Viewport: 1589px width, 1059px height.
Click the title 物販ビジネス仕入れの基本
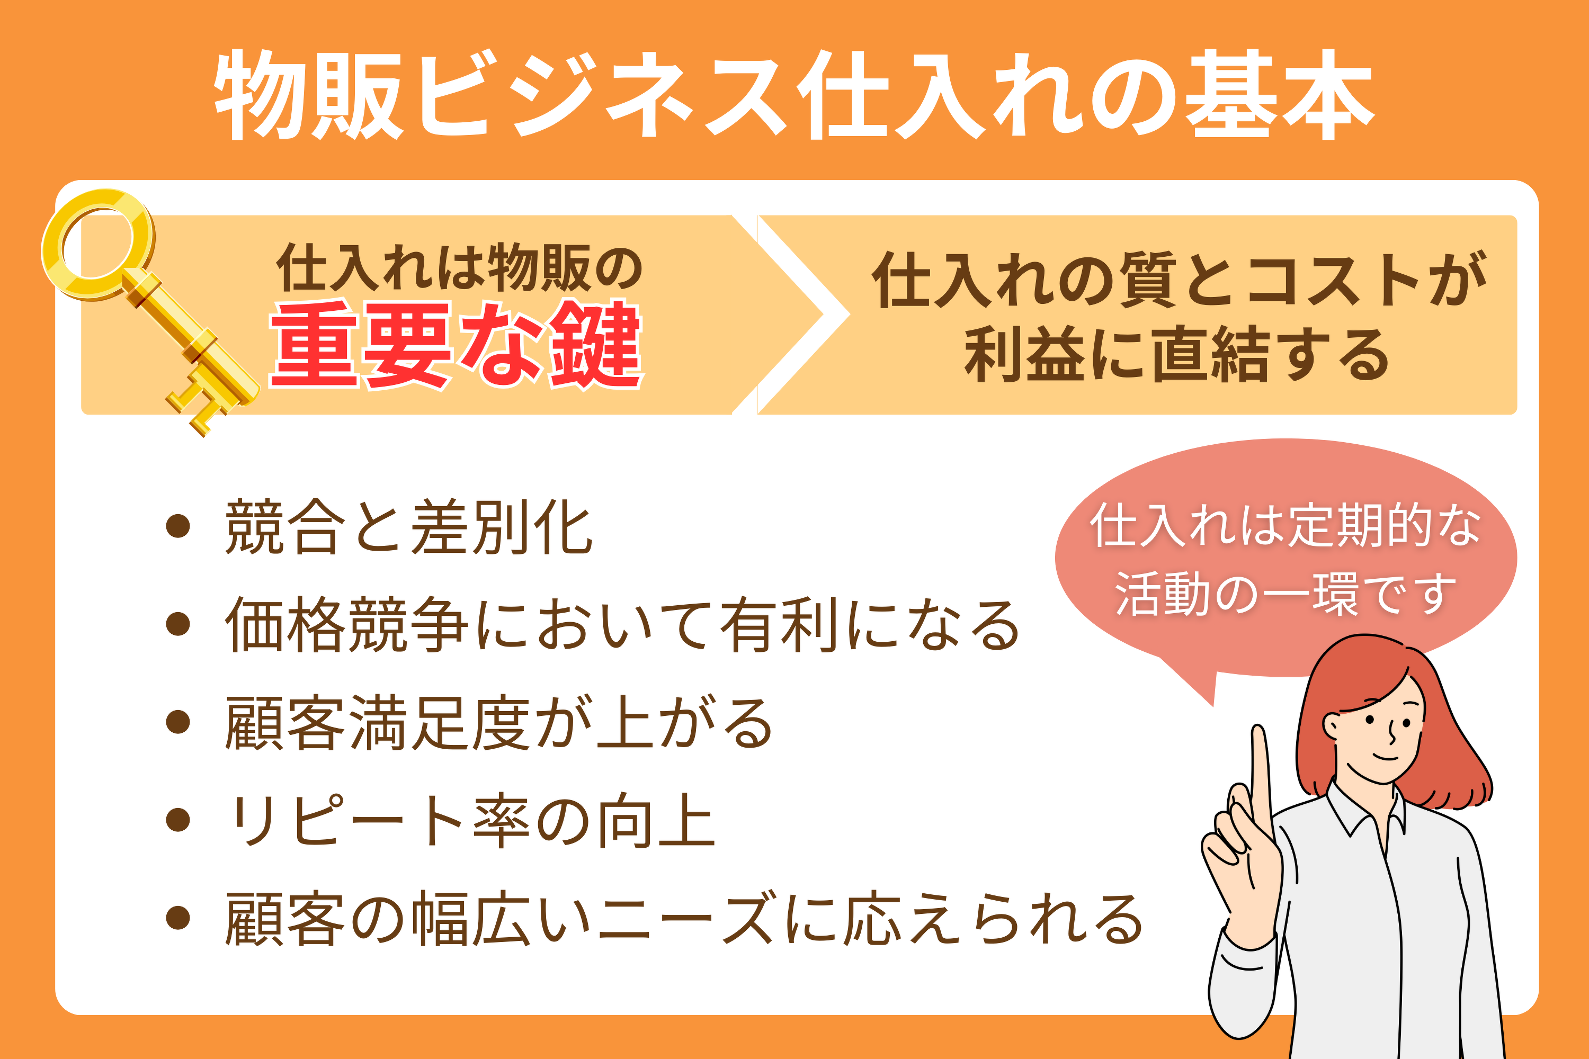point(794,95)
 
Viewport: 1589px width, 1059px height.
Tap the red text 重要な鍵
point(457,345)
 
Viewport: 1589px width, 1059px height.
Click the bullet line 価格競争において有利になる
point(621,625)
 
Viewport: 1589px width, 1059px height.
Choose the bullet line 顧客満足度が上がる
point(498,723)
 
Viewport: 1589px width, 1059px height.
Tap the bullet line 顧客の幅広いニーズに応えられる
point(684,919)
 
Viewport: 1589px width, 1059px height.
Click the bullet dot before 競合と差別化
point(177,527)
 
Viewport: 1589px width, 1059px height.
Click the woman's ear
point(1332,726)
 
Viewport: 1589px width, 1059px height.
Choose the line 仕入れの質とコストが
point(1179,279)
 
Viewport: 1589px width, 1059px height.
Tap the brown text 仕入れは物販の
point(459,267)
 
